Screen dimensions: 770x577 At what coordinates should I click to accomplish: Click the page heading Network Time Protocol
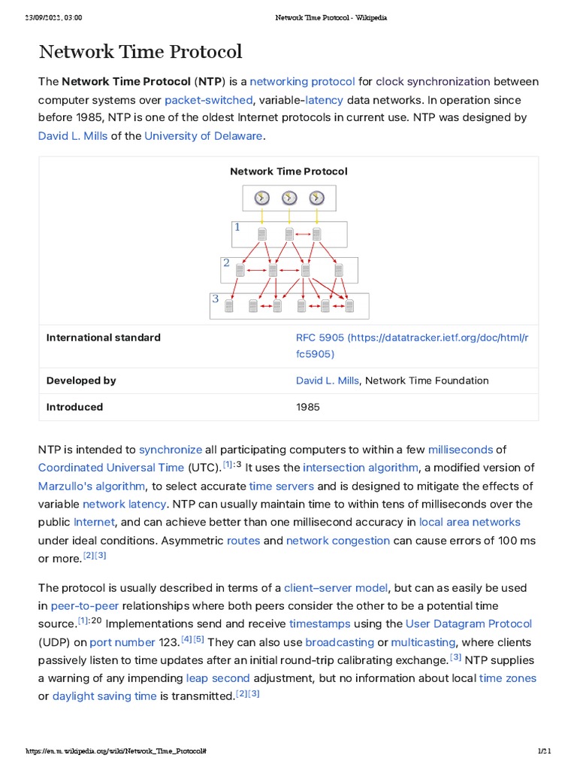click(140, 52)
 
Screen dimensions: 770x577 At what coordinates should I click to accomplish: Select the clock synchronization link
click(433, 81)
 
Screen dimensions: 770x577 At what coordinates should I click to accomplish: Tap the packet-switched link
click(208, 100)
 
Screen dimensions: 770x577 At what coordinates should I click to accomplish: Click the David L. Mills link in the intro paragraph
click(73, 136)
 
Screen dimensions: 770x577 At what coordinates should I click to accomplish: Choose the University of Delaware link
click(204, 136)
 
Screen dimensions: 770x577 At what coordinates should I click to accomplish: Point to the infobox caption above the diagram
click(288, 171)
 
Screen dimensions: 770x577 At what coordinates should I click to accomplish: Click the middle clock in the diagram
click(289, 198)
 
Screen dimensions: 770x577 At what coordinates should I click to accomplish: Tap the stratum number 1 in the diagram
click(237, 227)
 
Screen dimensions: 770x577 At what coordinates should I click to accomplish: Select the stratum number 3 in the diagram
click(216, 299)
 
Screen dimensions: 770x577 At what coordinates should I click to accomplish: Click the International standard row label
click(104, 338)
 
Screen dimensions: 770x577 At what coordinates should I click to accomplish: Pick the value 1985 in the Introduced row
click(308, 407)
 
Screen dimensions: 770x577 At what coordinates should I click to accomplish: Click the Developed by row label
click(81, 380)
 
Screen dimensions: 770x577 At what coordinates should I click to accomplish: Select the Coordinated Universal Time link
click(111, 468)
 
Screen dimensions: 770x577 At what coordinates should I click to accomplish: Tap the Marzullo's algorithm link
click(92, 486)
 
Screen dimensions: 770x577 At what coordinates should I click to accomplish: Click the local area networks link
click(470, 522)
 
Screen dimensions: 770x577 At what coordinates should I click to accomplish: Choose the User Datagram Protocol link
click(469, 624)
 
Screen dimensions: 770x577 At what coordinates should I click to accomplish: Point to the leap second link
click(218, 678)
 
